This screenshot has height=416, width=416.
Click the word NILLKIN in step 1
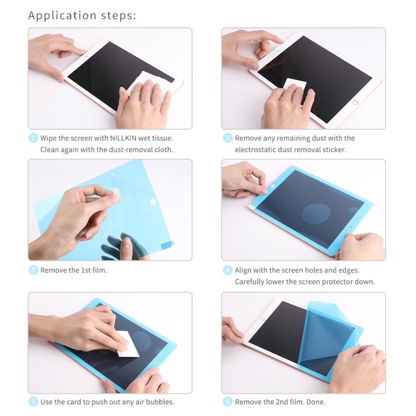tap(123, 138)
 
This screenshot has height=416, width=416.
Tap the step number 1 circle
tap(33, 138)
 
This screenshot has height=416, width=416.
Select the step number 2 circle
tap(228, 138)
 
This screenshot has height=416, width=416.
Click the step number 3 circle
tap(33, 270)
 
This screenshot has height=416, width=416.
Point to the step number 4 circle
tap(228, 270)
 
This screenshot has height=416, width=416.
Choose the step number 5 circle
tap(33, 402)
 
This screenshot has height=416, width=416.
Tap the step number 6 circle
tap(228, 402)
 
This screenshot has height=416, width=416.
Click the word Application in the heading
tap(62, 16)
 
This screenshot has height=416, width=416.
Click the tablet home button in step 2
tap(355, 102)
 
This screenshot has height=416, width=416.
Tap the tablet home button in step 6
tap(263, 318)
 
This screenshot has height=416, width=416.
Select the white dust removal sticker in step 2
tap(294, 87)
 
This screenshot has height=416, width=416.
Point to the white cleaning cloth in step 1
tap(143, 85)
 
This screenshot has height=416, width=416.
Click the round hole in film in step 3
tap(153, 202)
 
